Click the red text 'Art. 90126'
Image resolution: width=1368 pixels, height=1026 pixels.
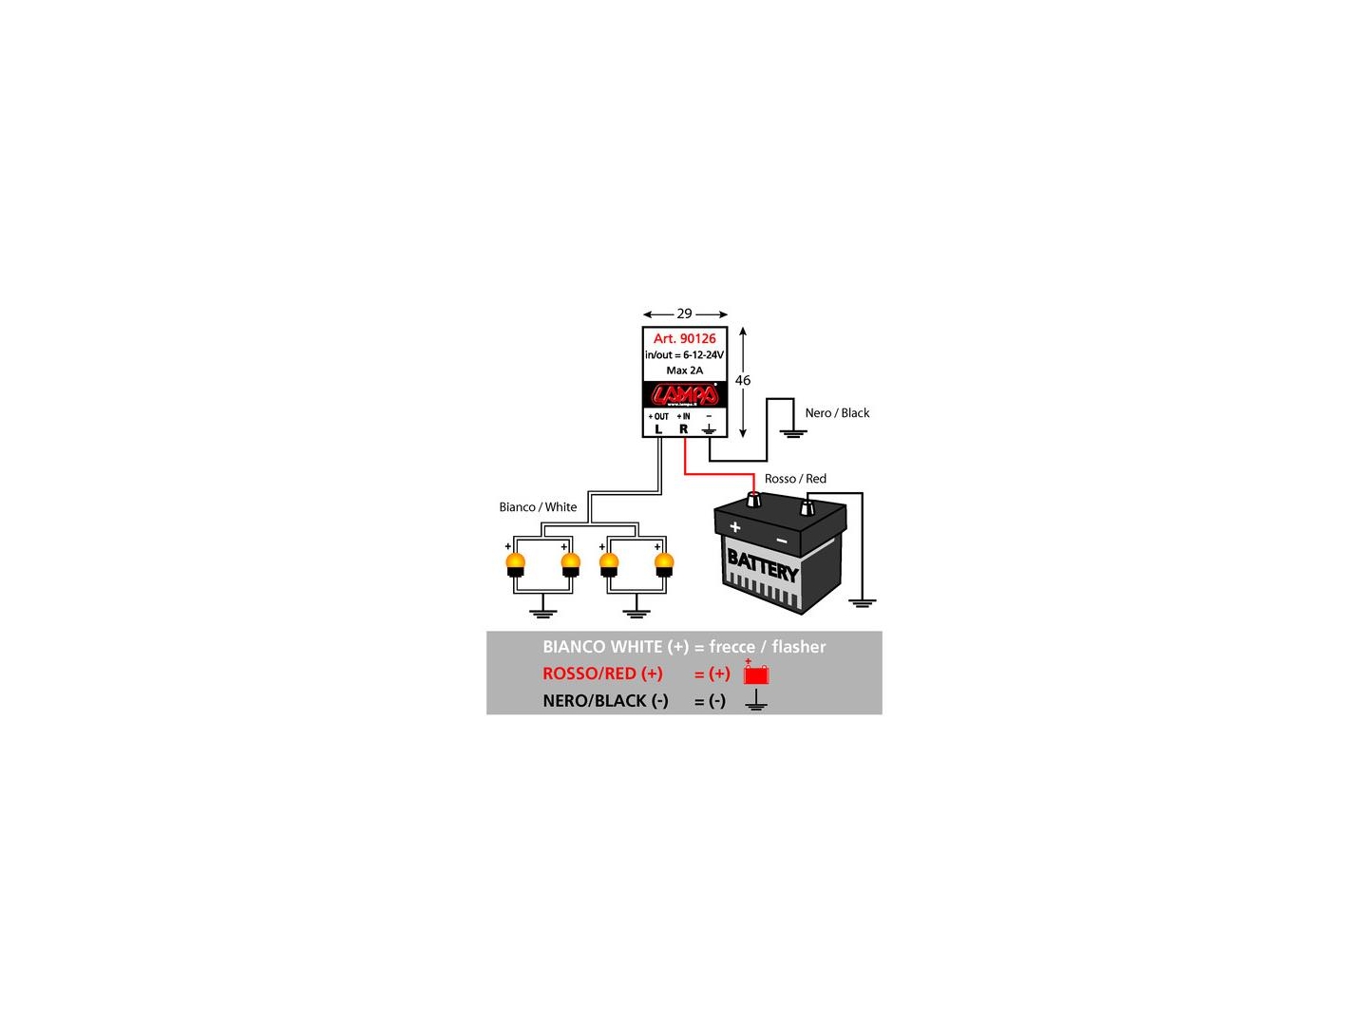[684, 338]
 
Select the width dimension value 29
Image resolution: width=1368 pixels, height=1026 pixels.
[684, 313]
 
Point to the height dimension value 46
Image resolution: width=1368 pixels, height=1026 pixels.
[743, 380]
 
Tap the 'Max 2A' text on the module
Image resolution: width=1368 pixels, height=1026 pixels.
[684, 370]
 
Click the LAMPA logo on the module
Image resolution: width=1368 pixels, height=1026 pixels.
[684, 394]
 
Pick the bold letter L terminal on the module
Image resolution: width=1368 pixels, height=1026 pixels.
[658, 429]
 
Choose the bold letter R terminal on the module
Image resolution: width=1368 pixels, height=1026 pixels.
[683, 429]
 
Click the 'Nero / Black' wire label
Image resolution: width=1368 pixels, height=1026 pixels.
[837, 413]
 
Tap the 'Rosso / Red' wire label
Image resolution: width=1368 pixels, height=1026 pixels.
[795, 479]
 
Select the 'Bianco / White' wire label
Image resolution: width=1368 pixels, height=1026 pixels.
[538, 507]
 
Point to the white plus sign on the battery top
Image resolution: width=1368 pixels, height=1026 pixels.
[734, 526]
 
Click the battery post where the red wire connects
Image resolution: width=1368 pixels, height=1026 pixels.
[753, 500]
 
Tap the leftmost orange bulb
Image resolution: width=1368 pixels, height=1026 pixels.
[516, 563]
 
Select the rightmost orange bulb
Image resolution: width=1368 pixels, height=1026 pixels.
[664, 563]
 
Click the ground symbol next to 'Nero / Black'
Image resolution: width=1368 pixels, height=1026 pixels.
[793, 433]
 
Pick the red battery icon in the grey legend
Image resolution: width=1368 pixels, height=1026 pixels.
[756, 674]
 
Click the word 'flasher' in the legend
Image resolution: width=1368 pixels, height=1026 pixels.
[798, 647]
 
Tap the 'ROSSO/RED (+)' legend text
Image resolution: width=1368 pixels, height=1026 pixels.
[602, 674]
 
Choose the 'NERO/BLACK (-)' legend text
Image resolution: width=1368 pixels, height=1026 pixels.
[605, 701]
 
